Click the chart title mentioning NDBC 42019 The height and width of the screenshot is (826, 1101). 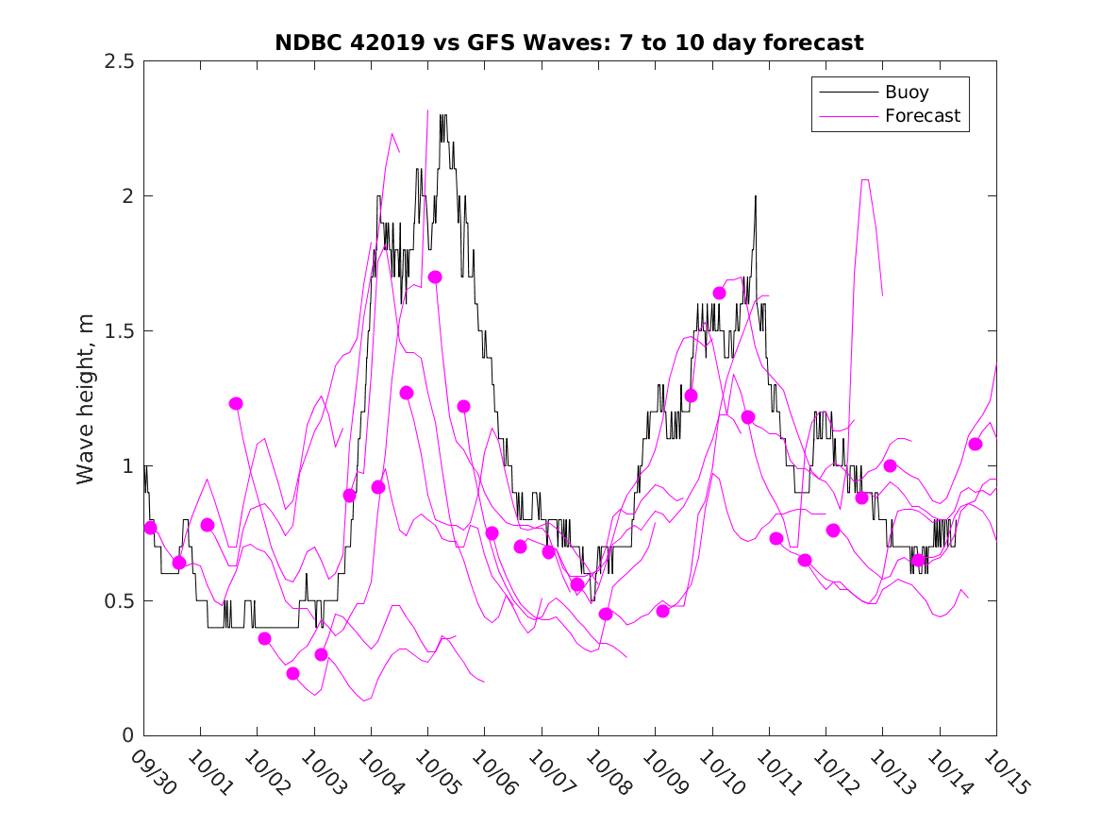pos(569,42)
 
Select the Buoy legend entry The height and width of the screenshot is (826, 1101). pos(906,93)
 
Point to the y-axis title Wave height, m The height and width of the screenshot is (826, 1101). pos(86,397)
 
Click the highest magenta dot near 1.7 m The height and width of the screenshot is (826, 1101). pos(435,277)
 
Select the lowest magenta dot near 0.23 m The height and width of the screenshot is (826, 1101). pos(292,673)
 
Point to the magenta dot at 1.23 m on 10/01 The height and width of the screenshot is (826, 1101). pos(236,403)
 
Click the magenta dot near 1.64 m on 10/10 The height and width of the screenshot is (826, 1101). pos(719,293)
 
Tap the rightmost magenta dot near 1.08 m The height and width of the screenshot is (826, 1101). pos(976,444)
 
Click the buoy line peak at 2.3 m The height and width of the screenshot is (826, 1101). pos(443,115)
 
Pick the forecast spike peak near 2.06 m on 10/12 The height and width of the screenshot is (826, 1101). pos(864,179)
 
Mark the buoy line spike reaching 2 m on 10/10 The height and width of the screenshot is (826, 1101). pos(756,196)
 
